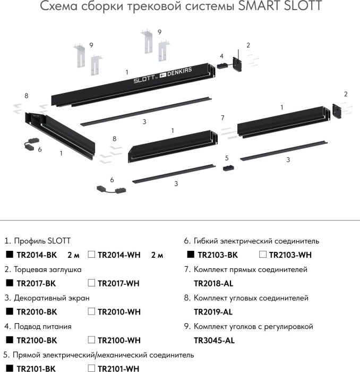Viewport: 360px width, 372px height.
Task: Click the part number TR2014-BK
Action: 36,255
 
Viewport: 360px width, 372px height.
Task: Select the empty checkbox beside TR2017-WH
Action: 91,283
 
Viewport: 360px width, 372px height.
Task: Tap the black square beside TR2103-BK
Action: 191,255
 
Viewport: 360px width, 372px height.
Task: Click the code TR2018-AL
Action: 213,283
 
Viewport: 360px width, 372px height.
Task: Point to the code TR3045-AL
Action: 214,340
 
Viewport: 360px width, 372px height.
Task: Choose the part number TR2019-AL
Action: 213,312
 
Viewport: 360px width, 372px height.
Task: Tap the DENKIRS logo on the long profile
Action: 183,74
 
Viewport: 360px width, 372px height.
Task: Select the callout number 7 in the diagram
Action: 223,117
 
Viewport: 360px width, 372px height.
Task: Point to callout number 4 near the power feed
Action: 221,56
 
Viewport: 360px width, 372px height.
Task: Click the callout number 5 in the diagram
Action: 227,158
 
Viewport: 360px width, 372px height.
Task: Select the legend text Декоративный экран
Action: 47,298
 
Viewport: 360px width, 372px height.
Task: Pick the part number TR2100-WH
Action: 119,340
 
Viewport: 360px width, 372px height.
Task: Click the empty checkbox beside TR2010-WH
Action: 91,312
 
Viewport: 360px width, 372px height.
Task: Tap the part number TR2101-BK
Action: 36,368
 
